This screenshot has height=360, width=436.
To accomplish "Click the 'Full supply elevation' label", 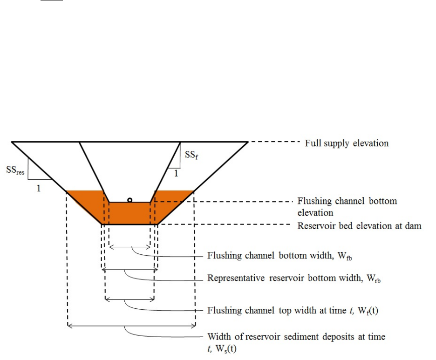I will point(346,143).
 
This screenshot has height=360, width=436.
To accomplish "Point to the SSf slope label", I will point(190,156).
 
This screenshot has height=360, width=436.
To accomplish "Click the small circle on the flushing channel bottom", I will point(130,200).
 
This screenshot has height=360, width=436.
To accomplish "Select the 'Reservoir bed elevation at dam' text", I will point(359,226).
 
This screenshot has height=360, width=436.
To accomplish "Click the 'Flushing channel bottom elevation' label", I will point(347,207).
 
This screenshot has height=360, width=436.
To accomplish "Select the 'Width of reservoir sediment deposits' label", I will point(296,341).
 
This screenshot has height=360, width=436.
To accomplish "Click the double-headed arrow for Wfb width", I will point(129,247).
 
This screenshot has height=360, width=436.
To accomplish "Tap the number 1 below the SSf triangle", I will point(176,174).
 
